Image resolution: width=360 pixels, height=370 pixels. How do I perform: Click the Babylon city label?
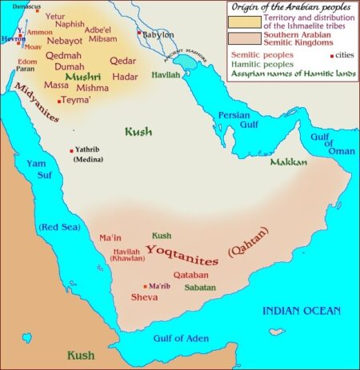point(160,35)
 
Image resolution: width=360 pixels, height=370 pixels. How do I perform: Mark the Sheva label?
point(143,298)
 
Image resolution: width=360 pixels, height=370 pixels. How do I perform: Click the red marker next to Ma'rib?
point(145,286)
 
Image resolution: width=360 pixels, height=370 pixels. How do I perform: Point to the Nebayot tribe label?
point(65,38)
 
